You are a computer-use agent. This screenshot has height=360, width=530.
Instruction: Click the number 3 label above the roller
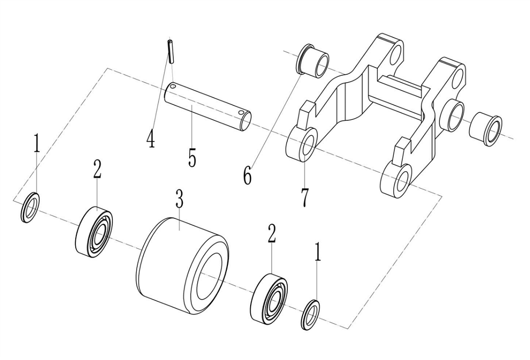pyautogui.click(x=179, y=200)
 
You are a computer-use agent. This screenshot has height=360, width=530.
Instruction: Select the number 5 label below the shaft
pyautogui.click(x=192, y=158)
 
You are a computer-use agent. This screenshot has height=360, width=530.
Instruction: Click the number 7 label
pyautogui.click(x=304, y=197)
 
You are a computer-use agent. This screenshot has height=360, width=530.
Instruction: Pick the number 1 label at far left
pyautogui.click(x=37, y=144)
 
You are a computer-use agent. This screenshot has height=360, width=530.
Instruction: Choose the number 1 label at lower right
pyautogui.click(x=317, y=253)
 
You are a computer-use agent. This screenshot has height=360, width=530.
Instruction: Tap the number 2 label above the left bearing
pyautogui.click(x=96, y=170)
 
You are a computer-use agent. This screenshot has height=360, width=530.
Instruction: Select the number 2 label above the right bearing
pyautogui.click(x=271, y=233)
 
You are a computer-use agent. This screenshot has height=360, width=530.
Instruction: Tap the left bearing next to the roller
pyautogui.click(x=96, y=230)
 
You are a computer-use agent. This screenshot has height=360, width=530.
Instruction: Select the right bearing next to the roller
pyautogui.click(x=271, y=297)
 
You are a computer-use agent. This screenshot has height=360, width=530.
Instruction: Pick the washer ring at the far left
pyautogui.click(x=30, y=208)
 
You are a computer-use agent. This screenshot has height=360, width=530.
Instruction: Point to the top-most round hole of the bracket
pyautogui.click(x=396, y=54)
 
